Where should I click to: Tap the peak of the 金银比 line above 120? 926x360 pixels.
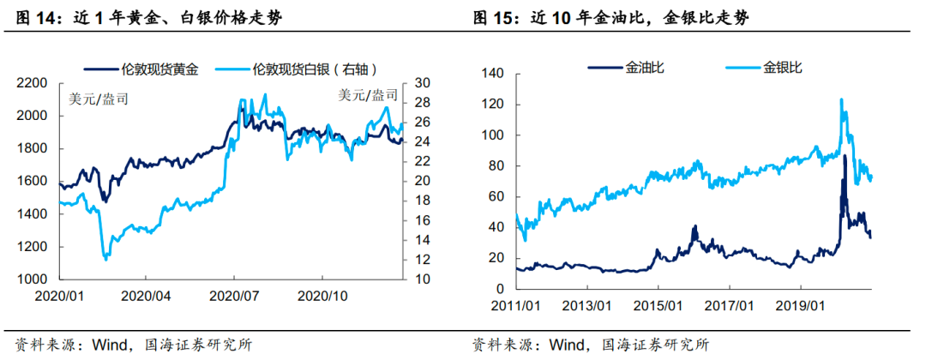(841, 99)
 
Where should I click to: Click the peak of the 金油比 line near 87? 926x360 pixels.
(845, 155)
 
